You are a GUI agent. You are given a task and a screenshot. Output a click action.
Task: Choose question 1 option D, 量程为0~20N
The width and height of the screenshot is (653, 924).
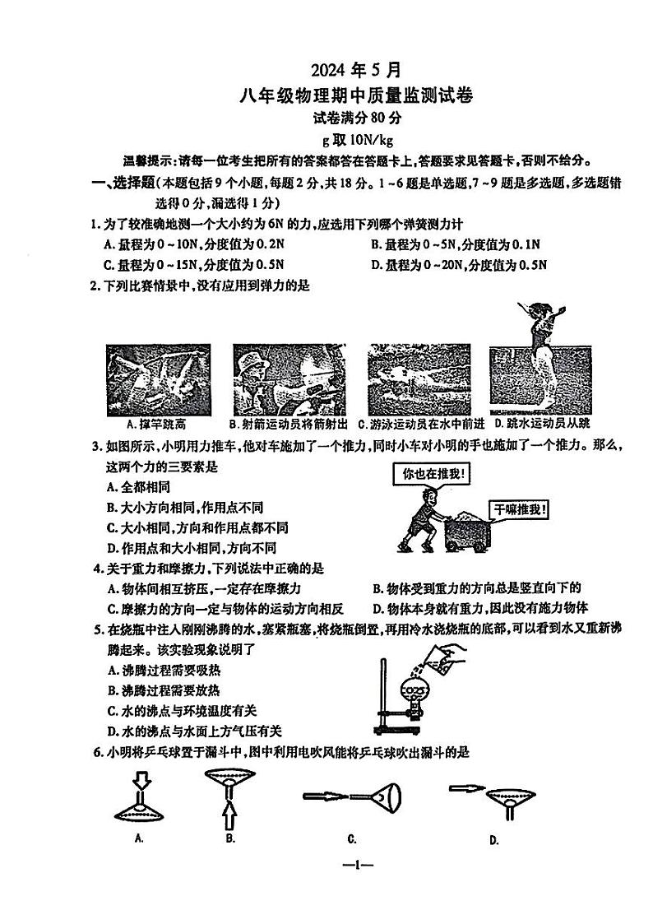pyautogui.click(x=459, y=265)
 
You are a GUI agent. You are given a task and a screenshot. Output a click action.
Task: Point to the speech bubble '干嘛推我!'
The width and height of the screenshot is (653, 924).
pyautogui.click(x=520, y=508)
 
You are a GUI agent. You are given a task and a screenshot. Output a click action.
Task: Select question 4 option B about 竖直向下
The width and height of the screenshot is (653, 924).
pyautogui.click(x=477, y=587)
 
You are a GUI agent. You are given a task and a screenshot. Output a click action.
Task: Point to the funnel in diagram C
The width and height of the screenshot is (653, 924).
pyautogui.click(x=383, y=796)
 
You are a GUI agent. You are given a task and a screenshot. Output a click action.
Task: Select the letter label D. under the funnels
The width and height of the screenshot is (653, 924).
pyautogui.click(x=494, y=840)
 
